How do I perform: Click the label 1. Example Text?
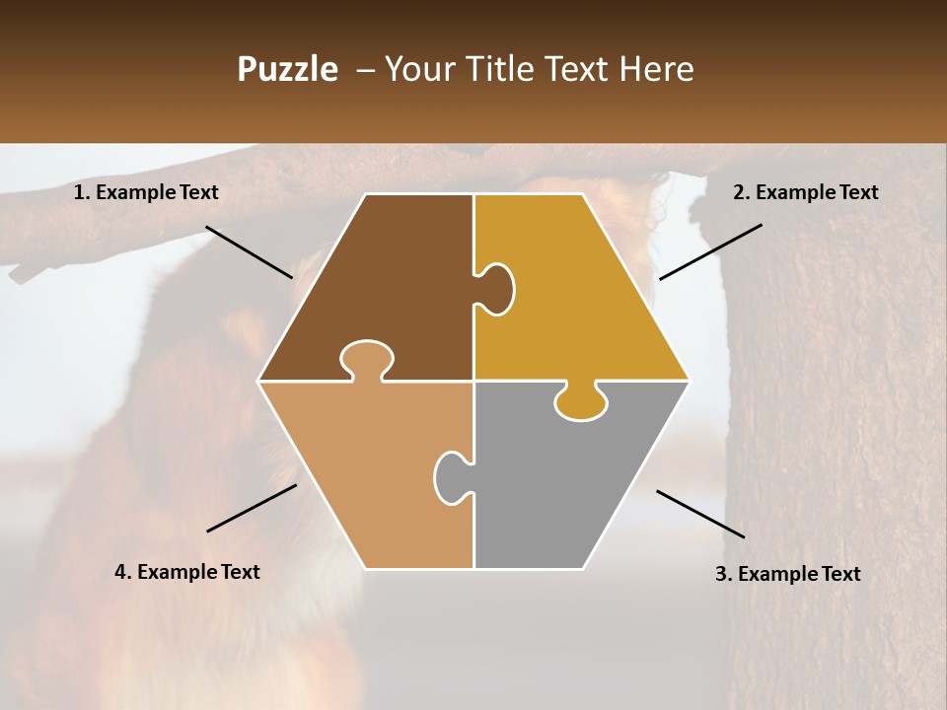click(146, 192)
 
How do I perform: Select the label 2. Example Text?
click(805, 192)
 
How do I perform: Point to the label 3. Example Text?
click(787, 574)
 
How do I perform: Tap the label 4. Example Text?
click(187, 572)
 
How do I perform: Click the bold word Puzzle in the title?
click(287, 69)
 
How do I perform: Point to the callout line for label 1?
click(249, 251)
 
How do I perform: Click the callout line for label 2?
click(710, 251)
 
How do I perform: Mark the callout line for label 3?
click(700, 514)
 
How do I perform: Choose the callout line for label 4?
click(252, 508)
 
